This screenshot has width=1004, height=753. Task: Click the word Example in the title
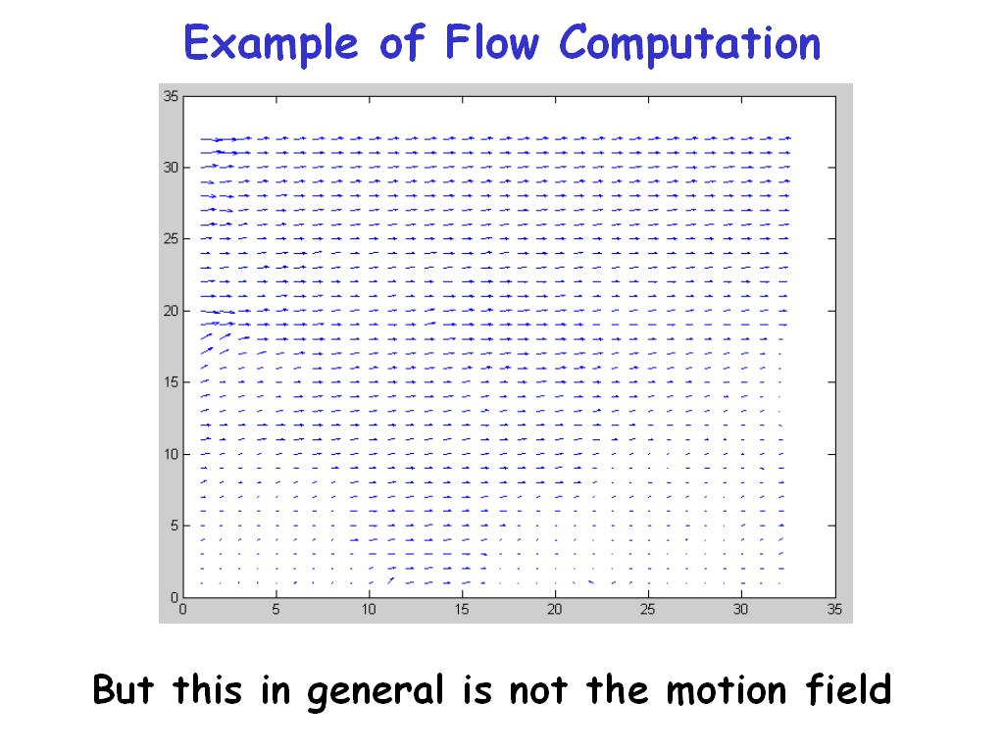coord(271,43)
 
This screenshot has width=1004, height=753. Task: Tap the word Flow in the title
coord(492,42)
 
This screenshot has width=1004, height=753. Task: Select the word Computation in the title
coord(689,43)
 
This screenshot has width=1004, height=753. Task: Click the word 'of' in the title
coord(403,42)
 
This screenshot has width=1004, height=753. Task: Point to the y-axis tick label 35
coord(171,96)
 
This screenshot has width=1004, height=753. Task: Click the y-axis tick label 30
coord(171,167)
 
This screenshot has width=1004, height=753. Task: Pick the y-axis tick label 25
coord(171,239)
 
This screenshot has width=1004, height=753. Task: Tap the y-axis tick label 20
coord(171,311)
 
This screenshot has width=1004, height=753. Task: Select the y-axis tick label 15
coord(171,382)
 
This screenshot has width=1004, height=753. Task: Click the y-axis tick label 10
coord(171,454)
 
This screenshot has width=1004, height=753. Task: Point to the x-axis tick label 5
coord(276,609)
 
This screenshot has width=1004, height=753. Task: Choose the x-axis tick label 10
coord(369,609)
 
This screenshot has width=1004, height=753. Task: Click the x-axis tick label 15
coord(462,609)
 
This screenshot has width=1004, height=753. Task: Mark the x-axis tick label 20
coord(555,609)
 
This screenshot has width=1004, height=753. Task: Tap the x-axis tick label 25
coord(648,609)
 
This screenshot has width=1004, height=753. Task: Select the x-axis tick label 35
coord(834,609)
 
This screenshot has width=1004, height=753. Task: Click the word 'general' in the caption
coord(376,692)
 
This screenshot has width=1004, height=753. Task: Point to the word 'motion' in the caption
coord(727,690)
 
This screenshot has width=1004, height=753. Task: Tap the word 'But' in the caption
coord(123,689)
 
